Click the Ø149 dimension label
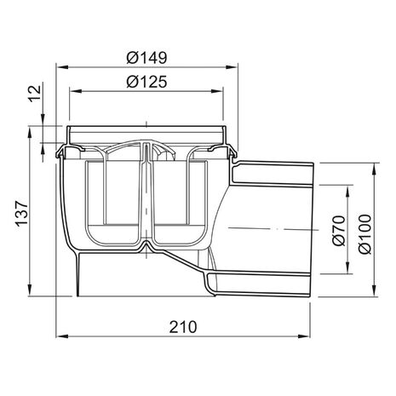point(146,58)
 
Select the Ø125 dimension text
point(146,82)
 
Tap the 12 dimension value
point(35,94)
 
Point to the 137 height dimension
point(22,213)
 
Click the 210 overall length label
point(183,327)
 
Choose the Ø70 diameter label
point(339,231)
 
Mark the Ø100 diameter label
point(364,234)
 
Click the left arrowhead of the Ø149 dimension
point(62,67)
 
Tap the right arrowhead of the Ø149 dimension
point(232,67)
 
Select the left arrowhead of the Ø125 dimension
point(76,91)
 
